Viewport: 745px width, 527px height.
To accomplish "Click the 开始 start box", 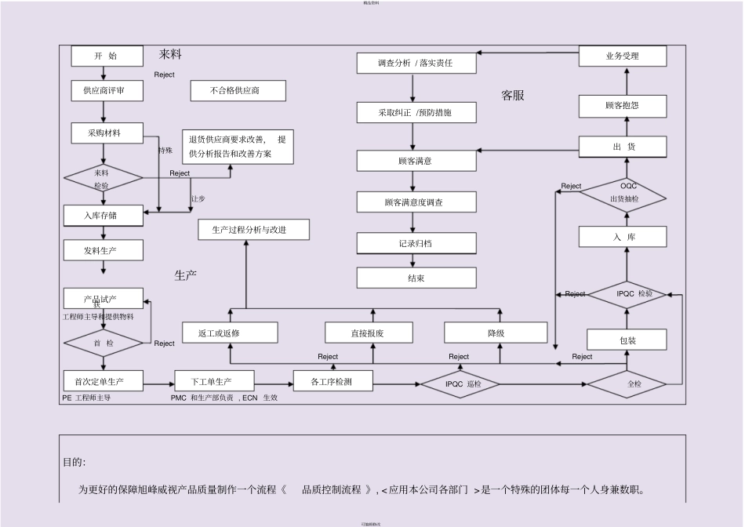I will pos(107,56).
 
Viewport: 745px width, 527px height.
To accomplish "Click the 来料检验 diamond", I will pos(103,179).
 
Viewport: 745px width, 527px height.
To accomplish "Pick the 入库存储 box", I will pos(103,215).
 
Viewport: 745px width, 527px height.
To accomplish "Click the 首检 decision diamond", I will pos(103,343).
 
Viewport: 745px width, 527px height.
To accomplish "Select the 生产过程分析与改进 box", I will pos(253,230).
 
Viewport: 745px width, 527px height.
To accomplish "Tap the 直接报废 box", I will pos(372,333).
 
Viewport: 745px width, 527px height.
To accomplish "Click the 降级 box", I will pos(496,333).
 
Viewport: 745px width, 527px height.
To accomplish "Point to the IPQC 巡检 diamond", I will pos(463,384).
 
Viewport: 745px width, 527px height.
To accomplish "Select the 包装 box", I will pos(627,340).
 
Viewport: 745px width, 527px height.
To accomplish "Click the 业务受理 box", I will pos(623,56).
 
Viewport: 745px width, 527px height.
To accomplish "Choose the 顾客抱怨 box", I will pos(623,105).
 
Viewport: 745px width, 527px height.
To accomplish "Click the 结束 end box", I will pos(416,278).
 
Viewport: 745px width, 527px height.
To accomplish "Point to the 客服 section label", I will pos(513,96).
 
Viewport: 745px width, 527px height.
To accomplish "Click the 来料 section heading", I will pos(170,55).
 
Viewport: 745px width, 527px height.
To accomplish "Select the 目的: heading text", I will pos(74,462).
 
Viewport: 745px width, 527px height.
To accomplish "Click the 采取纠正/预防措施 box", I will pos(416,113).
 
